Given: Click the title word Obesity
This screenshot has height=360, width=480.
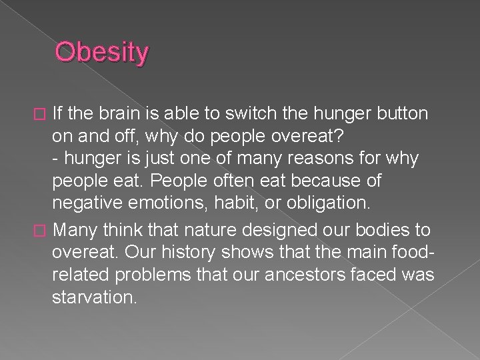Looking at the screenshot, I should click(x=102, y=53).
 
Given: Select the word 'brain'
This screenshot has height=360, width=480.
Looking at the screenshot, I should click(x=117, y=113).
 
